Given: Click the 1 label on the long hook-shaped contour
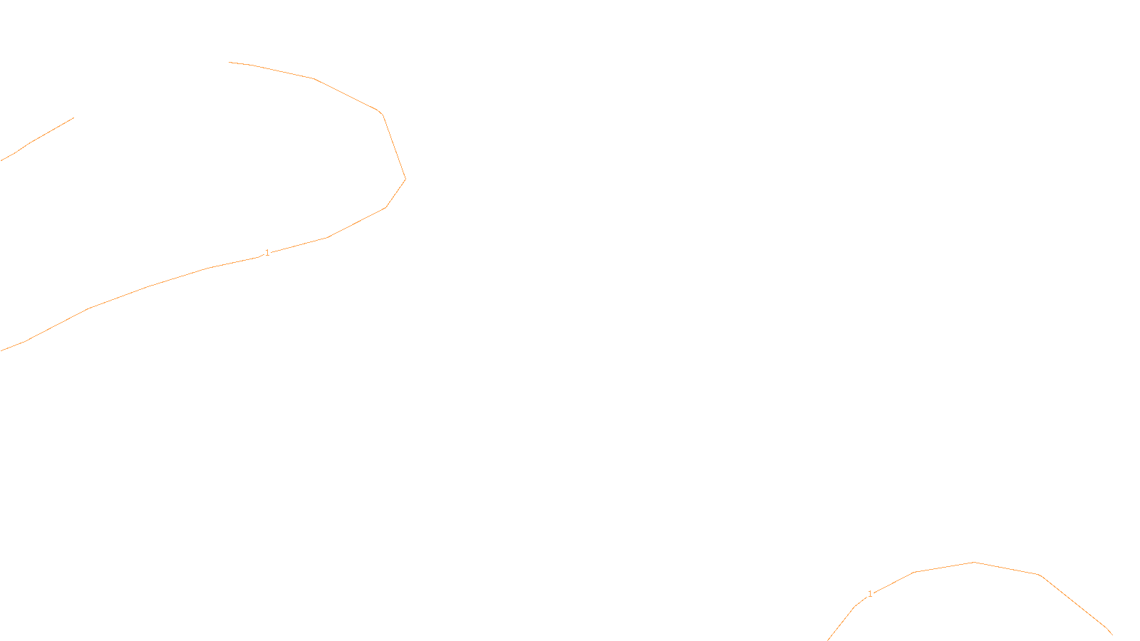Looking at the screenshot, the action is [267, 253].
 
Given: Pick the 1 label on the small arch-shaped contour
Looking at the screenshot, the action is [870, 594].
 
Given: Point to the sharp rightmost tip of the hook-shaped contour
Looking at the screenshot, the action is [405, 179].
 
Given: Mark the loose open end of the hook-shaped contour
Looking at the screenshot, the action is [229, 63].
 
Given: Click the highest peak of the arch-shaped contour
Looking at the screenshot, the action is [974, 563].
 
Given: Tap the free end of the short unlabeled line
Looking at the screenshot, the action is [73, 118].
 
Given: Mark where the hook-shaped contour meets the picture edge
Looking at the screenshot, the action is [1, 350].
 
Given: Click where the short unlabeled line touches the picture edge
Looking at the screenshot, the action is [1, 161].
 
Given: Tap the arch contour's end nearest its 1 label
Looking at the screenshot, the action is [828, 640].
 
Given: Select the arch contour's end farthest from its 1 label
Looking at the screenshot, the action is [1112, 634].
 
